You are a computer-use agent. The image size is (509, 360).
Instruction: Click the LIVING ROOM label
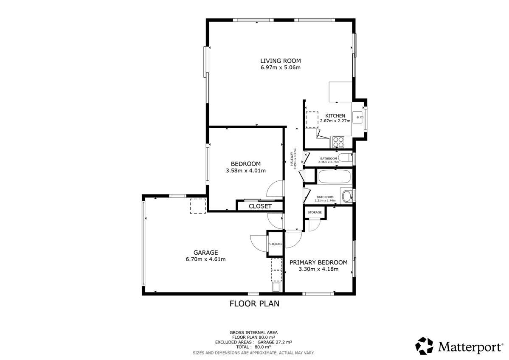pos(280,61)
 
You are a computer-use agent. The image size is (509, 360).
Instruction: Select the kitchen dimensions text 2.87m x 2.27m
pos(335,121)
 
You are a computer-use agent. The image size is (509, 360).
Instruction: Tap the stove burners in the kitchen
pos(338,141)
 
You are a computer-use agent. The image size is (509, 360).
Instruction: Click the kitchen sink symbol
pos(358,115)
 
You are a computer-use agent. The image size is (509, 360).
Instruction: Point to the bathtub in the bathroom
pos(335,177)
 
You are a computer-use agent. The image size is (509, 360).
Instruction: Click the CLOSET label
pos(260,206)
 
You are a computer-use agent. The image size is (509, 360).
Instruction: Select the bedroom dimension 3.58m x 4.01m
pos(245,171)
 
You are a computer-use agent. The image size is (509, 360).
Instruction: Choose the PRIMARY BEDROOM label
pos(318,262)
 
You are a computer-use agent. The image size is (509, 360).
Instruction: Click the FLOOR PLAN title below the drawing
pos(254,304)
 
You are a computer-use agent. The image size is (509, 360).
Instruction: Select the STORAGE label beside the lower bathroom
pos(315,212)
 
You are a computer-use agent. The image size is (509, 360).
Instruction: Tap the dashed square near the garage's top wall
pos(198,206)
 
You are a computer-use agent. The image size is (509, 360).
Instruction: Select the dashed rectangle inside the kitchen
pos(312,119)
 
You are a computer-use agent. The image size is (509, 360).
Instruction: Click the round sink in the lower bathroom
pos(347,196)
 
